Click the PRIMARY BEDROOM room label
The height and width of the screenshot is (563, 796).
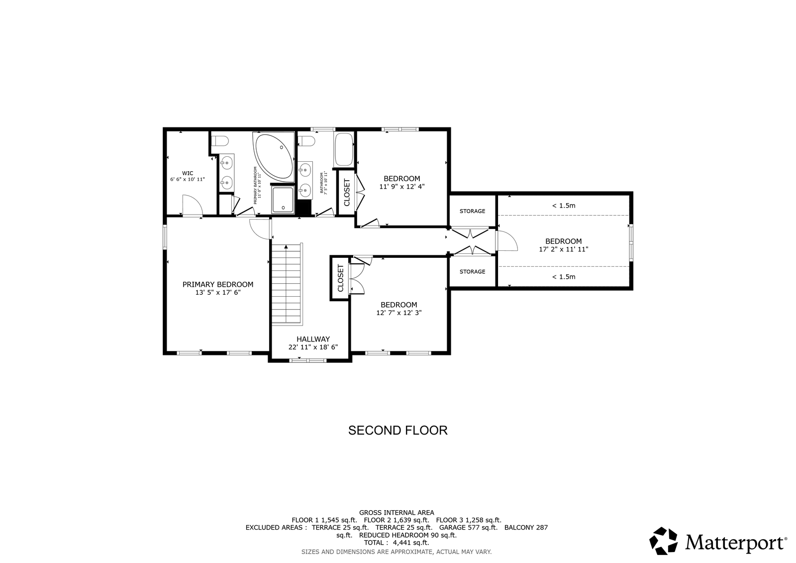[x=218, y=285]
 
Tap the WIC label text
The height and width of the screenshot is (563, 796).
[x=188, y=173]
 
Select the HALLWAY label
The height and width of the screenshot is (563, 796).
[x=313, y=339]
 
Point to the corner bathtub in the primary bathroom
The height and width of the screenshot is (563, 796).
[x=274, y=157]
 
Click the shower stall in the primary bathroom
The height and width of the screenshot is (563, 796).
[x=283, y=200]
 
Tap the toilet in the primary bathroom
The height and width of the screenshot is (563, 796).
[x=219, y=141]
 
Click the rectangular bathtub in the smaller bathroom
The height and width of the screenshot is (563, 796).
[x=344, y=149]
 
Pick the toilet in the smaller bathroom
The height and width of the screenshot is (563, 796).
[x=306, y=141]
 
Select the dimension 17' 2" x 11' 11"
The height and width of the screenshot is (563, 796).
[x=564, y=249]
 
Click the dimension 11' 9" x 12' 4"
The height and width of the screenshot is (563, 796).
[x=402, y=186]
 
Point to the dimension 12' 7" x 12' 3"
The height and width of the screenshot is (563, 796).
[x=398, y=313]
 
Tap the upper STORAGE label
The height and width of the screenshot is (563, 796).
[x=472, y=211]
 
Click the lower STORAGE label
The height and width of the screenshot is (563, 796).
[x=472, y=272]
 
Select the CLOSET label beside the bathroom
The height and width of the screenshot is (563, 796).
[x=347, y=193]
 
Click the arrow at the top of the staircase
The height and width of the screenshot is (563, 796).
[x=286, y=246]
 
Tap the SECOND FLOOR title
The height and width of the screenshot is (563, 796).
[x=398, y=431]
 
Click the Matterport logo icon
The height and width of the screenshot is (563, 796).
[x=663, y=541]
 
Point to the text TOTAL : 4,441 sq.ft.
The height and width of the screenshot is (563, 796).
[x=397, y=543]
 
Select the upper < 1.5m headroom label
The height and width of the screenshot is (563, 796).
[x=564, y=206]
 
